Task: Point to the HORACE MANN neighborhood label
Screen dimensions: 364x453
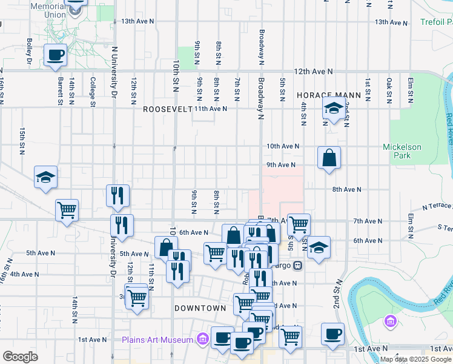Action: [328, 95]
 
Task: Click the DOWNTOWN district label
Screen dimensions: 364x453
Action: [200, 308]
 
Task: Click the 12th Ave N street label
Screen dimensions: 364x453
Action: [313, 71]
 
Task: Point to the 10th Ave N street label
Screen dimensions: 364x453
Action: [283, 146]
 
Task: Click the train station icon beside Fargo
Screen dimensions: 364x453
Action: [297, 266]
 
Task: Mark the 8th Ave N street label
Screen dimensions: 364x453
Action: [346, 189]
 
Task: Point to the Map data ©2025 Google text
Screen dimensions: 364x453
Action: [416, 359]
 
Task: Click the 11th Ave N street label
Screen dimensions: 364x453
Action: [210, 109]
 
